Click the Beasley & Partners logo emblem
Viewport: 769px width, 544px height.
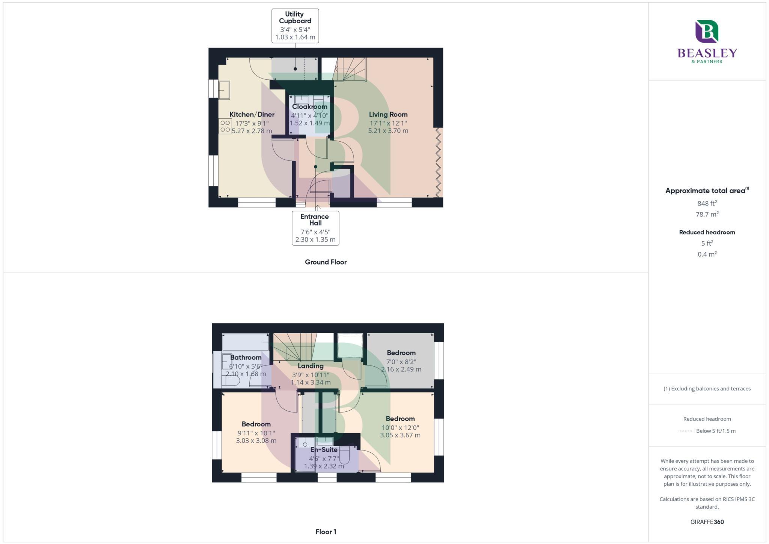tap(707, 32)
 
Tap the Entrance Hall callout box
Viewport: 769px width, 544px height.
tap(315, 228)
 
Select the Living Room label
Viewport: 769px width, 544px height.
tap(388, 115)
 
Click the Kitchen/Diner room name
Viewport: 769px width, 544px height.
tap(252, 115)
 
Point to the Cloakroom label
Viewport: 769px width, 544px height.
tap(309, 107)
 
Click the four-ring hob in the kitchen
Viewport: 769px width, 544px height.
tap(225, 126)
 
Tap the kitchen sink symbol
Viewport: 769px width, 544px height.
tap(225, 90)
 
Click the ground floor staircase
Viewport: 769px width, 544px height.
tap(349, 70)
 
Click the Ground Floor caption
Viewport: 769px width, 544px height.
tap(326, 262)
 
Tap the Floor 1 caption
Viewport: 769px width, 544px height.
tap(326, 532)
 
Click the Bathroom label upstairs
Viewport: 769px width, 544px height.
tap(246, 357)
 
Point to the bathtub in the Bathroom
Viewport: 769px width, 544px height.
tap(246, 342)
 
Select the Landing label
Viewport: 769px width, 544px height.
tap(311, 366)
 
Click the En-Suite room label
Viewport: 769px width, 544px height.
tap(324, 450)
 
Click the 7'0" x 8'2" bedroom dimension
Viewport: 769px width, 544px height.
tap(401, 362)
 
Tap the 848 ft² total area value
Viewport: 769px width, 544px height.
tap(707, 204)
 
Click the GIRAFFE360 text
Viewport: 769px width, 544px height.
tap(707, 522)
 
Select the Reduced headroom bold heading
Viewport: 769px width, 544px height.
tap(707, 232)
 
